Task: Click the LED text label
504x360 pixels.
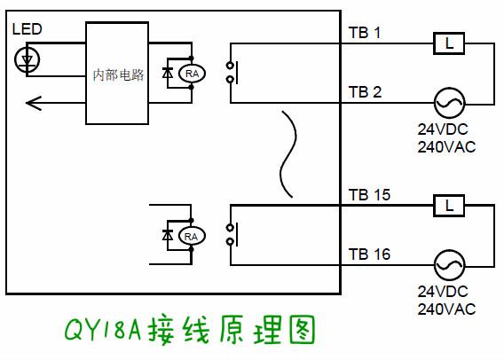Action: coord(26,30)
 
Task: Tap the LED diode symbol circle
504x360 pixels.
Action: coord(28,59)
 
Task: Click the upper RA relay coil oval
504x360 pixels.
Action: coord(192,74)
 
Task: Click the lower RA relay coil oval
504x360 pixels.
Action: coord(191,235)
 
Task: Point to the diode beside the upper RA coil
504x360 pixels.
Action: coord(169,74)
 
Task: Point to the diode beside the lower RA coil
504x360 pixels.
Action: coord(168,235)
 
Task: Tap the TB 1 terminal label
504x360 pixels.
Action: coord(364,34)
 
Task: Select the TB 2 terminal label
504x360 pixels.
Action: coord(365,92)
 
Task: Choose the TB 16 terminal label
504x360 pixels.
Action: coord(369,254)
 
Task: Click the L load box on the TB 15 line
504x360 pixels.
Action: coord(449,206)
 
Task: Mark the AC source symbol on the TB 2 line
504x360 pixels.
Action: coord(448,103)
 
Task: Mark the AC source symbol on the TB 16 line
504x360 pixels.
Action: coord(448,264)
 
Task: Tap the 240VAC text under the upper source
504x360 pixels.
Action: coord(446,147)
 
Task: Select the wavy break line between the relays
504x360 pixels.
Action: coord(287,155)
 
